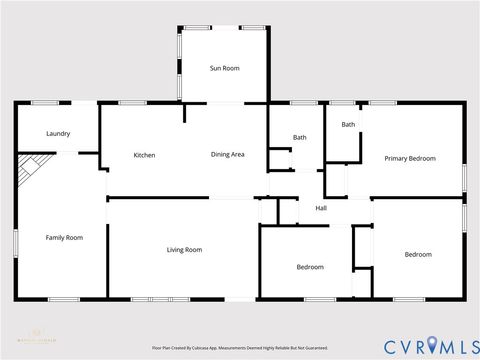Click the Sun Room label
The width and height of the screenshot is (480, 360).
click(x=224, y=68)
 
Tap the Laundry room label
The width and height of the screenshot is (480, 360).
click(x=58, y=133)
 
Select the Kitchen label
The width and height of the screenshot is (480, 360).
click(x=144, y=155)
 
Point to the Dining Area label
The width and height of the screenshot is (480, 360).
click(x=227, y=155)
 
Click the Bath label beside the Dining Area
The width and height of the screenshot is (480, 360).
click(x=299, y=137)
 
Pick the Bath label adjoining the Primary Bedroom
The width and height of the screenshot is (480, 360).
click(x=348, y=124)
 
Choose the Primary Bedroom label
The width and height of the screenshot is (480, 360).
click(x=410, y=159)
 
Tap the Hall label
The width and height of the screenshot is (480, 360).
click(x=321, y=208)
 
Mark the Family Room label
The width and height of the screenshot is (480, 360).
click(x=64, y=237)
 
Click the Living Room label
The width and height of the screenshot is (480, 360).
click(x=184, y=249)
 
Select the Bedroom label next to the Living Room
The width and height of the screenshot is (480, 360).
click(x=310, y=267)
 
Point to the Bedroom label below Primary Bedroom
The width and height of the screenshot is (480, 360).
click(x=418, y=254)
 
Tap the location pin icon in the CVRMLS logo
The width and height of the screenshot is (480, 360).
click(x=432, y=346)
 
